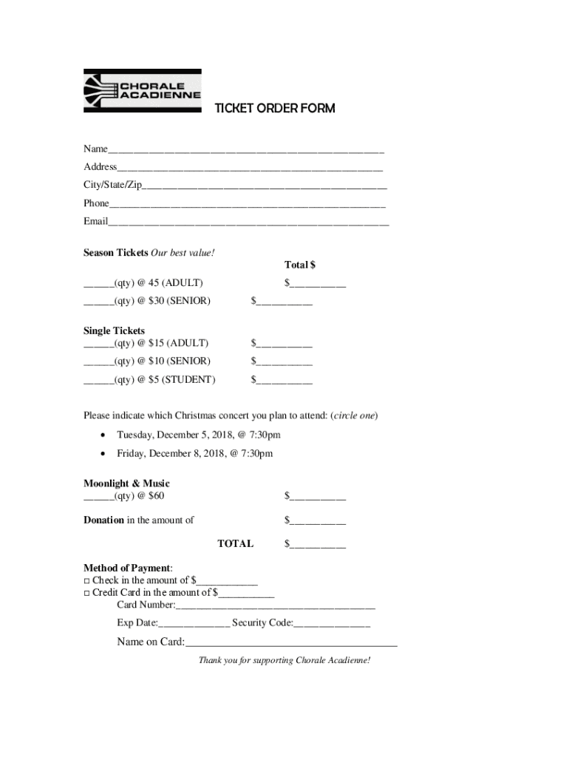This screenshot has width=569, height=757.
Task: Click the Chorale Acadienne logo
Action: tap(142, 91)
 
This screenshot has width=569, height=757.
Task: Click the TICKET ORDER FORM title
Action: tap(274, 109)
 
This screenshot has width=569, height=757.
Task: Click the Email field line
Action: tap(248, 222)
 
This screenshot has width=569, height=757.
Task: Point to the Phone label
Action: tap(96, 203)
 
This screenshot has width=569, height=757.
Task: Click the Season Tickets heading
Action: tap(116, 253)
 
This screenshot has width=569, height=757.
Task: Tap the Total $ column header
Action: tap(300, 265)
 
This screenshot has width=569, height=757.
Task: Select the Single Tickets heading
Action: tap(114, 330)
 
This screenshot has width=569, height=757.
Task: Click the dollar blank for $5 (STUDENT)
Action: tap(284, 381)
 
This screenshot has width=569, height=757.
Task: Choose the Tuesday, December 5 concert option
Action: tap(198, 435)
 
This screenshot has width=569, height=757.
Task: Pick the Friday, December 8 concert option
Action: tap(194, 453)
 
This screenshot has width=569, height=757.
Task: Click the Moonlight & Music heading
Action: tap(126, 483)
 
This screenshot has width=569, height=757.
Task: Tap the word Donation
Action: tap(103, 520)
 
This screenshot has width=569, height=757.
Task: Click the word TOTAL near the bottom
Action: tap(235, 543)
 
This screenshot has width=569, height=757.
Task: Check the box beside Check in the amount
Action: tap(86, 581)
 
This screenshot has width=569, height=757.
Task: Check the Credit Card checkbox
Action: tap(86, 593)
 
